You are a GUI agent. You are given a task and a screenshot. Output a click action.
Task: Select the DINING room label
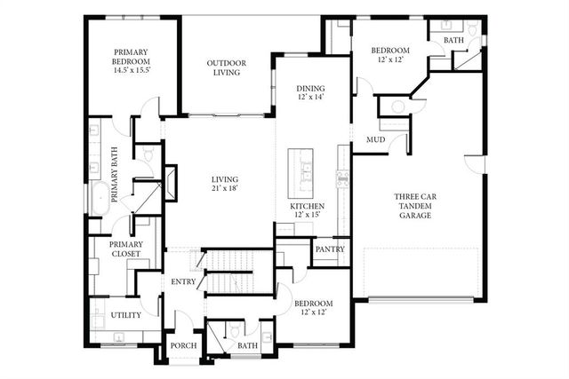310,88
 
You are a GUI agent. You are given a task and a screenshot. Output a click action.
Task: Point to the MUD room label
375,140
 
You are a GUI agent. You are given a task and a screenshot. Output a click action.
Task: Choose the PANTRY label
330,250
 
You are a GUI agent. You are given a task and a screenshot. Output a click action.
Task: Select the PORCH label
183,346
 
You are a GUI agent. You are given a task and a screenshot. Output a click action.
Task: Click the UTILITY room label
124,315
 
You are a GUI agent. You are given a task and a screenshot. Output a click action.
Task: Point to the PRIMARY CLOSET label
125,249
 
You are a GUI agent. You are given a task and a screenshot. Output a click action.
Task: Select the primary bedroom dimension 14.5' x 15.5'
132,69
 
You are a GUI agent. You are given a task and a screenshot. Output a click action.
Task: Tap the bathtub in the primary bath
100,198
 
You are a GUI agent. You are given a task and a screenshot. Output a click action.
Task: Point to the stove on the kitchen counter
340,176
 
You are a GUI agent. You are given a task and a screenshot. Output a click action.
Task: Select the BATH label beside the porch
247,346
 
